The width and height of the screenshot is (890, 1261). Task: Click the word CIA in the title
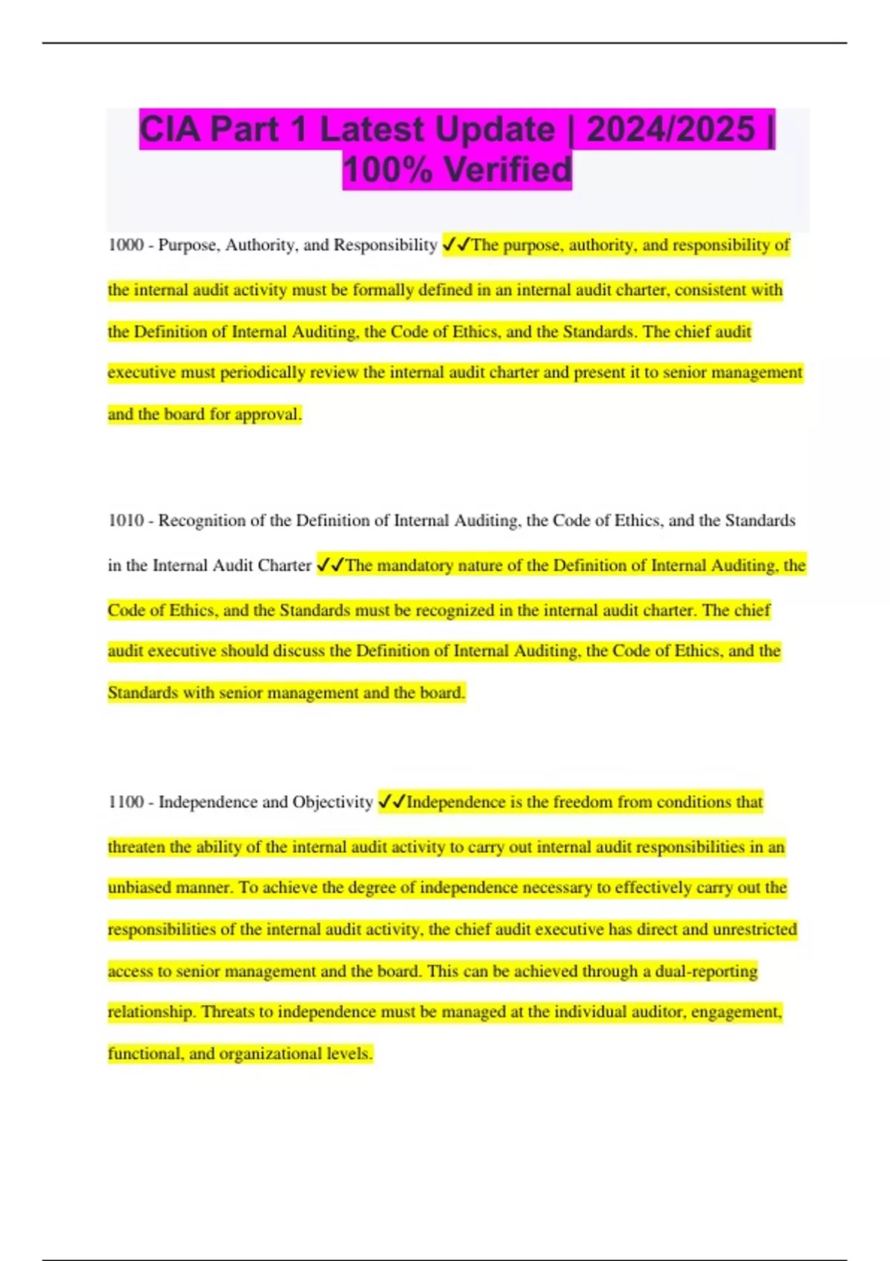pos(170,130)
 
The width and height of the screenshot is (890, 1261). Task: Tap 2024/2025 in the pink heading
pos(670,130)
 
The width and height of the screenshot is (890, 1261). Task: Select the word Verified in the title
pos(508,170)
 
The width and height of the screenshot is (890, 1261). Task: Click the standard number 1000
pos(125,245)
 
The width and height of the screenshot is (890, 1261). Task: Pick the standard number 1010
pos(125,521)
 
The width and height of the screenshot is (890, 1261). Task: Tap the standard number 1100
pos(125,802)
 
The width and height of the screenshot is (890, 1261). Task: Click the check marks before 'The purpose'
pos(456,245)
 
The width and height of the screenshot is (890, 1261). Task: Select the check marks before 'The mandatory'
pos(330,565)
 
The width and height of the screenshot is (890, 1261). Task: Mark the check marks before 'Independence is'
pos(392,802)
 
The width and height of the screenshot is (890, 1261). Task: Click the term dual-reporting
pos(706,971)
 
